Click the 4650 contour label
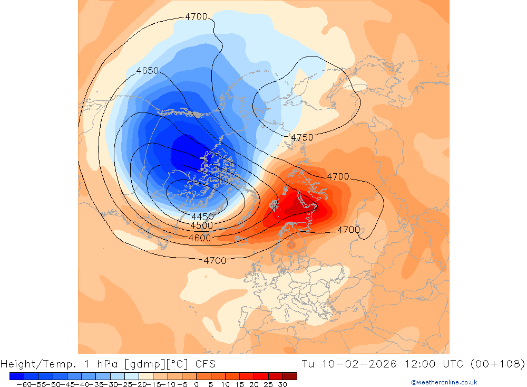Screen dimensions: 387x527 pos(147,71)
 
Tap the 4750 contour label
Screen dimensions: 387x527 pos(302,138)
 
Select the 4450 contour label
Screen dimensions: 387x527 pos(202,217)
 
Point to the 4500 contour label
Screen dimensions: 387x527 pos(202,226)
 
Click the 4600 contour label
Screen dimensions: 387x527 pos(200,238)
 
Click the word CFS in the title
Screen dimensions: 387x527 pos(205,364)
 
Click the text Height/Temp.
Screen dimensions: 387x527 pos(40,364)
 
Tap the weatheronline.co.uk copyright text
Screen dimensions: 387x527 pos(444,382)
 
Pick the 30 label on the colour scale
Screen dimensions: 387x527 pos(282,384)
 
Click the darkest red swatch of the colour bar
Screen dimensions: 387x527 pos(290,376)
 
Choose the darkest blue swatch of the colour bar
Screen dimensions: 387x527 pos(16,376)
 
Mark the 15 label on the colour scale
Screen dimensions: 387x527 pos(239,384)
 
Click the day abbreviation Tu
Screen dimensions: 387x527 pos(308,364)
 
